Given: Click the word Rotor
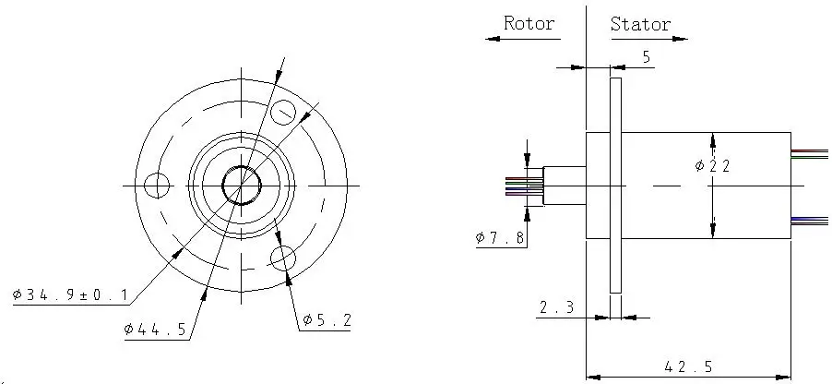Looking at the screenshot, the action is click(529, 23).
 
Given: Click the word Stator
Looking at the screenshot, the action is click(640, 24).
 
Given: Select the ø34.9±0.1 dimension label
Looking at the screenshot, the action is click(71, 294).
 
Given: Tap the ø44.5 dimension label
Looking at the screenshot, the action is click(156, 330).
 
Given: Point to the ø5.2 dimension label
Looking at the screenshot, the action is click(327, 320).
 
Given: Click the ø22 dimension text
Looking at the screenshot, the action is click(713, 166).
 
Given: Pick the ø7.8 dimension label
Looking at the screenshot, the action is click(500, 237).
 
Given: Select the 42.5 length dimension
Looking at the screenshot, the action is click(688, 366).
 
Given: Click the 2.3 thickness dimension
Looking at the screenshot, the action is click(556, 307).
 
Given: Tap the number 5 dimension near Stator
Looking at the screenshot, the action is click(647, 57).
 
